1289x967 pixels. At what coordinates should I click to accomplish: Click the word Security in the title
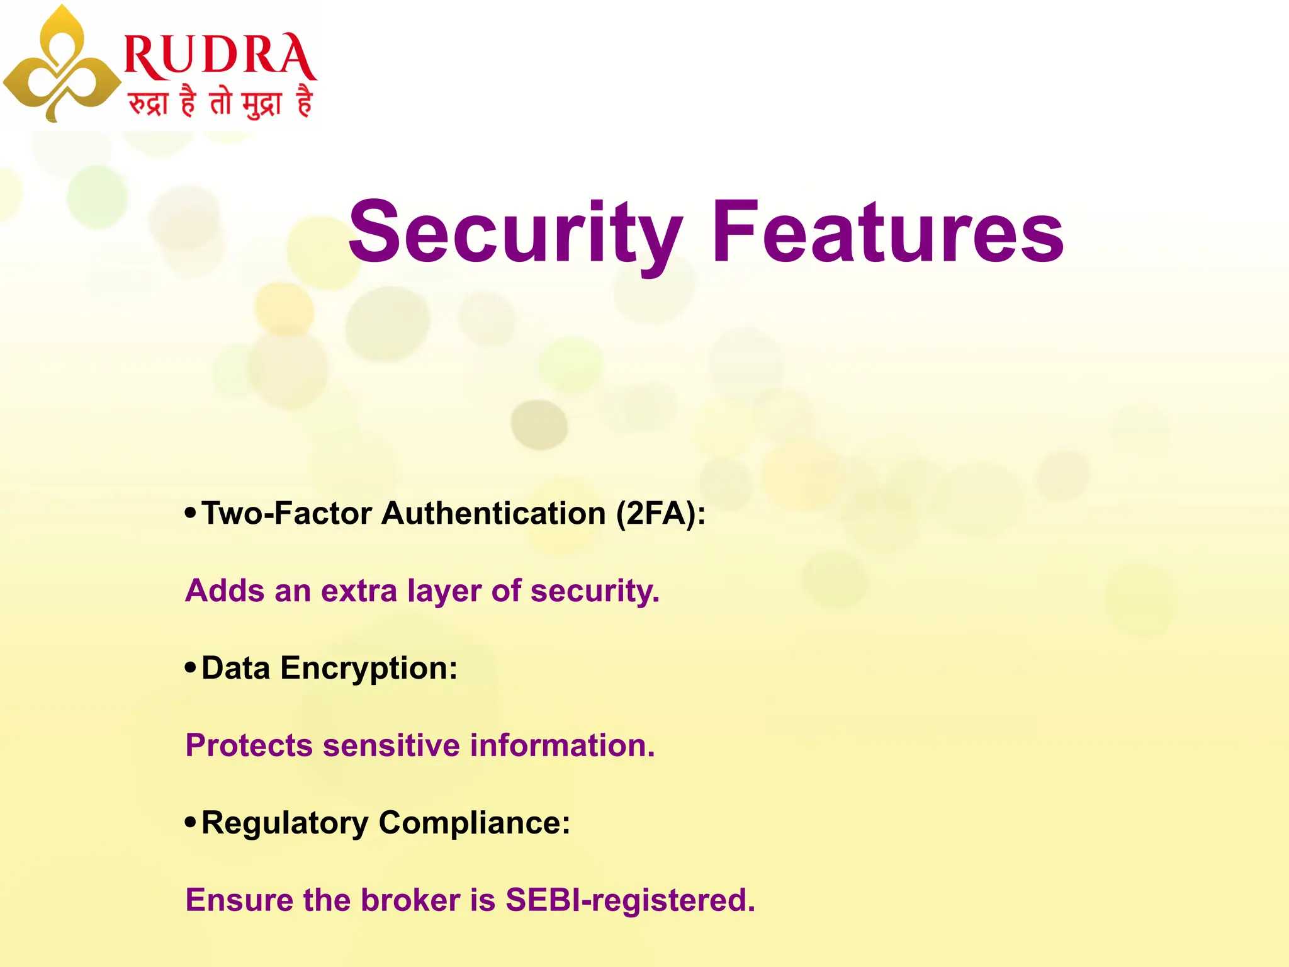(515, 232)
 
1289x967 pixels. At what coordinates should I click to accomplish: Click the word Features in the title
(887, 232)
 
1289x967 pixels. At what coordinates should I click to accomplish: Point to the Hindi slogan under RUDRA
(220, 102)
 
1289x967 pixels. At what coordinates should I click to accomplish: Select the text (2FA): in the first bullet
(661, 514)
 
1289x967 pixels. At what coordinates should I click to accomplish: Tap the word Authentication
(493, 514)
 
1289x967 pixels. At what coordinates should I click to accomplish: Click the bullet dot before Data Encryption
(190, 668)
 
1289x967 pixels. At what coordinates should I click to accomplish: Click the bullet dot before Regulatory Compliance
(190, 822)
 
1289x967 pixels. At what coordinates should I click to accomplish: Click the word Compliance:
(474, 823)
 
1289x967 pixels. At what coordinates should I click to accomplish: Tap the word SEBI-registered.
(629, 900)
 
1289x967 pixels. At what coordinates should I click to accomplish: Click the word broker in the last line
(410, 900)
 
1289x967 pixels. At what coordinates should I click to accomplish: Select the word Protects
(249, 746)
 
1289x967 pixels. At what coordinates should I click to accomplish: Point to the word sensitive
(391, 746)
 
